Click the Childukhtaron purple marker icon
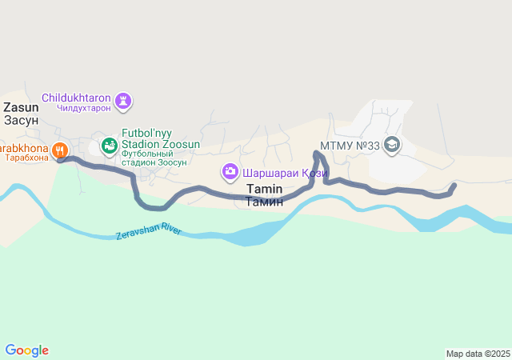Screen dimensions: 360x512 pos(123,102)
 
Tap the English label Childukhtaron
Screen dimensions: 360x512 pos(77,98)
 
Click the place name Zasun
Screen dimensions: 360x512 pos(21,106)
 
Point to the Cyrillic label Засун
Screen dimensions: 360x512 pos(21,120)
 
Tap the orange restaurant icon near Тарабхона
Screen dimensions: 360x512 pos(60,150)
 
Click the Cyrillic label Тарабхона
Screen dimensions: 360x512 pos(24,158)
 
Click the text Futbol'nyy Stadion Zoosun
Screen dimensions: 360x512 pos(160,139)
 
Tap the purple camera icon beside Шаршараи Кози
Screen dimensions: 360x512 pos(230,171)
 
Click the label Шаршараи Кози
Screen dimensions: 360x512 pos(284,171)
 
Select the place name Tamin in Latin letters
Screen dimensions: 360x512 pos(264,189)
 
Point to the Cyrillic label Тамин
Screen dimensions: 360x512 pos(264,202)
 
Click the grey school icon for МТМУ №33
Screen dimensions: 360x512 pos(392,145)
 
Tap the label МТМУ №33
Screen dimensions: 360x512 pos(349,146)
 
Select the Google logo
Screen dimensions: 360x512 pos(26,350)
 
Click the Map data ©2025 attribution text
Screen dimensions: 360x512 pos(478,354)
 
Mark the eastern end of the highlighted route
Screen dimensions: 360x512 pos(454,186)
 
